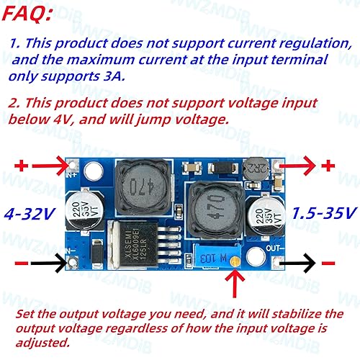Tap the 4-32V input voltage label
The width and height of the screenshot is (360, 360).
coord(30,214)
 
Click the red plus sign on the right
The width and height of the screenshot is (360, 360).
coord(328,166)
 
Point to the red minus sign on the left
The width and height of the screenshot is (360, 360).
coord(22,264)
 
